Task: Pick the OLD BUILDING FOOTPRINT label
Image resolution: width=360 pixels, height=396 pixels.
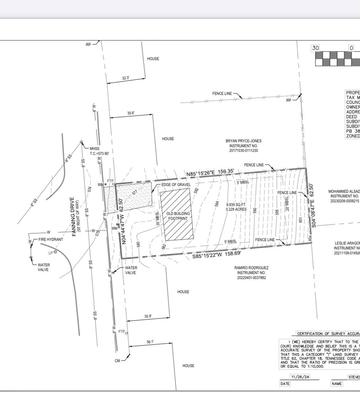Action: click(x=179, y=215)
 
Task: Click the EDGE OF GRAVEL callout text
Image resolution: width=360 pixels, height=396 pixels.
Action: click(x=175, y=185)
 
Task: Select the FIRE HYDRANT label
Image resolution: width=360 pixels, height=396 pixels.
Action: click(x=51, y=239)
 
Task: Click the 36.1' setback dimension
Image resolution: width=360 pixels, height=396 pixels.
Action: click(x=150, y=342)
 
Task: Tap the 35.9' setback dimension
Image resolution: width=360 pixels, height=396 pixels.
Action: click(x=148, y=317)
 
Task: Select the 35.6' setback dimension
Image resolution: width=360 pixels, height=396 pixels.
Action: click(x=131, y=114)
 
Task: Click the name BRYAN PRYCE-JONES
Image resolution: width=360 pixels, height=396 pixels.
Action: click(x=243, y=141)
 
